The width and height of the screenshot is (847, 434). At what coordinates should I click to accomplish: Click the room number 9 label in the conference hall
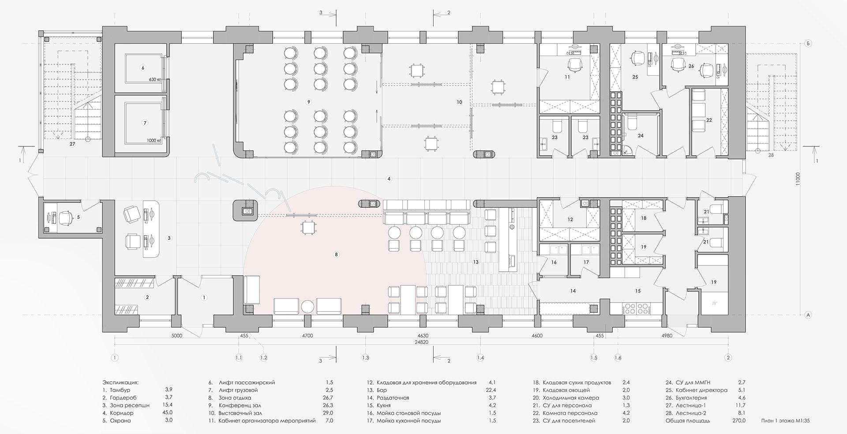click(x=308, y=102)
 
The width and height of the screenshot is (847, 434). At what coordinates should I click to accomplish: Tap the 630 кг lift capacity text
click(x=155, y=80)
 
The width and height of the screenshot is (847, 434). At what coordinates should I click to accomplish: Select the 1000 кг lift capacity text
click(x=154, y=141)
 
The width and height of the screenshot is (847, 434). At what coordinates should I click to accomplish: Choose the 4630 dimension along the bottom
click(x=422, y=336)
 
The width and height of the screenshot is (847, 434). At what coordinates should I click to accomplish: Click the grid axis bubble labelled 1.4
click(x=480, y=358)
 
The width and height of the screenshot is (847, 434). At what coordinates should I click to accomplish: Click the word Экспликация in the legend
click(x=120, y=382)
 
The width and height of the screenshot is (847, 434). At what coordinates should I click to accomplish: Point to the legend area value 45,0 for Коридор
click(x=168, y=413)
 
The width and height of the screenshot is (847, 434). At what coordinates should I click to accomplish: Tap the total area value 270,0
click(x=739, y=421)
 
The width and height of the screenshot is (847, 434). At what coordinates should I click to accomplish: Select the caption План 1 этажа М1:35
click(x=785, y=421)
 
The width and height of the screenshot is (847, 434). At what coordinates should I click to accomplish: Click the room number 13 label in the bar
click(x=476, y=262)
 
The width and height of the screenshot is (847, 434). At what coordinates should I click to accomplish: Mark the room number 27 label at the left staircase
click(x=72, y=144)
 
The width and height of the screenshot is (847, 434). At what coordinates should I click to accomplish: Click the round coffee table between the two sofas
click(x=307, y=307)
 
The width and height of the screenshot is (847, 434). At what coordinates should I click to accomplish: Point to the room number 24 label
click(x=641, y=136)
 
